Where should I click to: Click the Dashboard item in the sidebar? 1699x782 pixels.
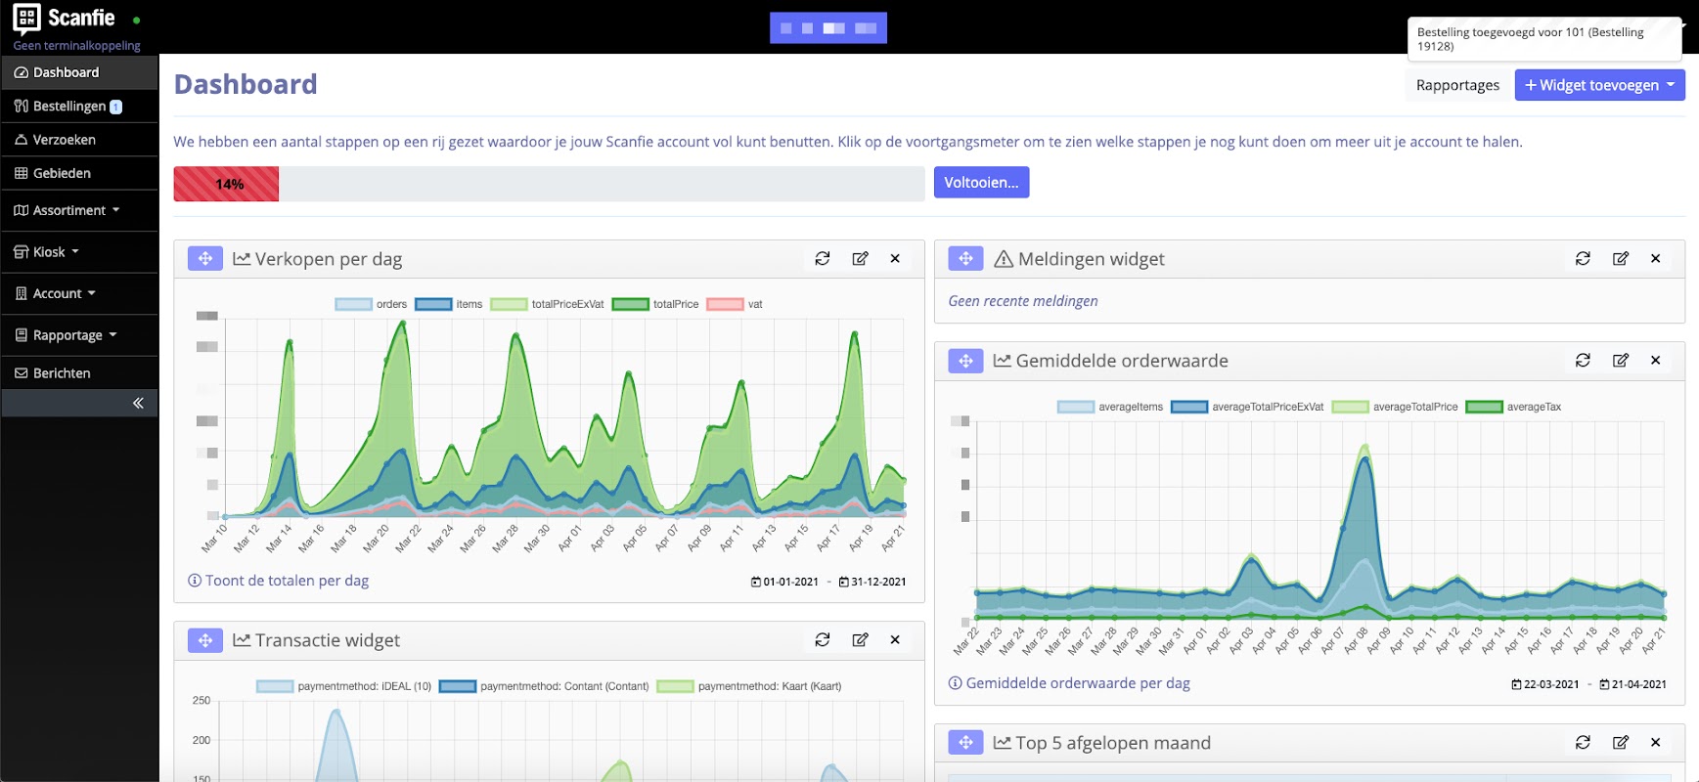point(66,72)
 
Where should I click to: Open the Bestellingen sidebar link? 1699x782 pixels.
point(68,106)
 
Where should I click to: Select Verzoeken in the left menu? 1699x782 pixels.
point(64,140)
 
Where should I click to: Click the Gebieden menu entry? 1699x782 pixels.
point(62,173)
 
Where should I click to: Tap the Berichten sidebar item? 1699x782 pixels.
point(62,373)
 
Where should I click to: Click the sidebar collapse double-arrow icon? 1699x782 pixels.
point(138,403)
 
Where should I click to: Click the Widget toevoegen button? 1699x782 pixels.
point(1598,85)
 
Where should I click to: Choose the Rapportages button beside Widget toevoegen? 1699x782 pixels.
point(1457,85)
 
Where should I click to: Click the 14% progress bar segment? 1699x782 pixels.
point(227,184)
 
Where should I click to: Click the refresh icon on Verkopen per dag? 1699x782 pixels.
point(823,258)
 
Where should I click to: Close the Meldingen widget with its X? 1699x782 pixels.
point(1655,258)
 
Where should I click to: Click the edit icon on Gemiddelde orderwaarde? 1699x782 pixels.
point(1620,360)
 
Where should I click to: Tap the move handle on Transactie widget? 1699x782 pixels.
point(205,640)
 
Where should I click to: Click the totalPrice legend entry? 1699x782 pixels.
point(656,304)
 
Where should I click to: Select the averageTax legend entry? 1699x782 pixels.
point(1514,407)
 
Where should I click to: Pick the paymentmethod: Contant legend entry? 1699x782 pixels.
point(545,686)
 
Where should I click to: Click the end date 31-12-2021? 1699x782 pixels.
point(872,582)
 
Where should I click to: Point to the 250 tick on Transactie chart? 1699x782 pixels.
point(201,701)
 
